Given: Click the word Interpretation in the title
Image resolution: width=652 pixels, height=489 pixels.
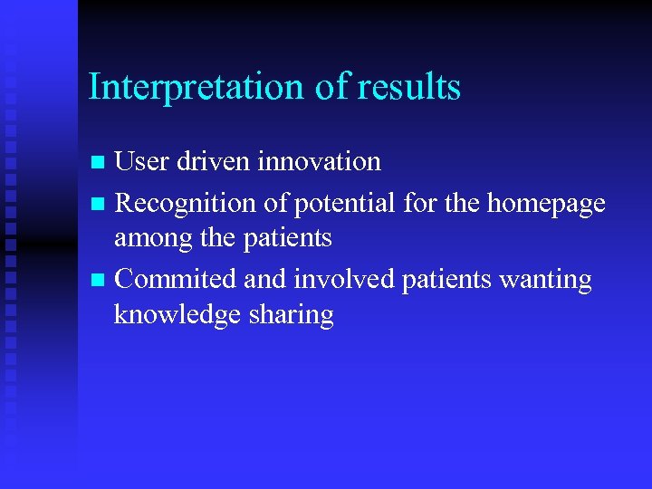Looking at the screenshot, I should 195,87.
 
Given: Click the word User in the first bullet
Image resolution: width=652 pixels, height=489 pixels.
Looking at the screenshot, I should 145,162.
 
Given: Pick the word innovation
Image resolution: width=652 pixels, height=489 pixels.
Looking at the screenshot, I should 320,162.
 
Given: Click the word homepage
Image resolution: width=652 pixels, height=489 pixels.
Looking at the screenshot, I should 546,204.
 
